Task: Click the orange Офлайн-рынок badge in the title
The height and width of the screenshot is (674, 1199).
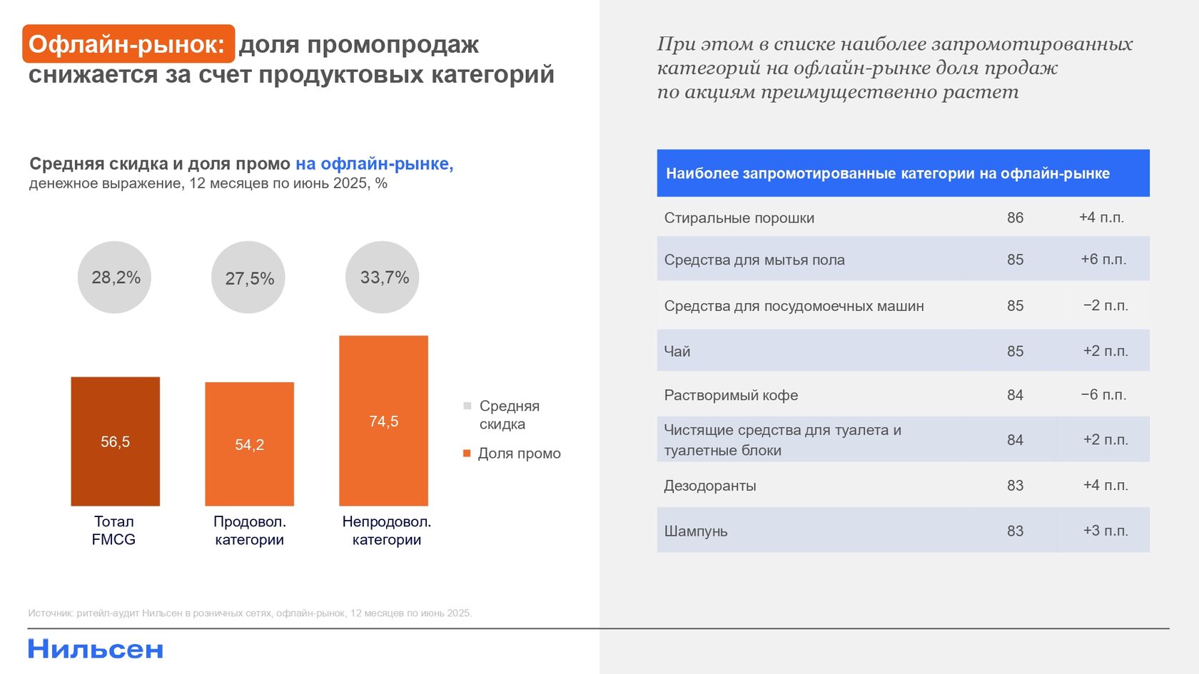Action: coord(128,44)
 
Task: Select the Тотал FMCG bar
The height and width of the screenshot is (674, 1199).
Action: coord(115,441)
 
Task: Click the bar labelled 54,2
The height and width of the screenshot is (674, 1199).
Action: coord(249,444)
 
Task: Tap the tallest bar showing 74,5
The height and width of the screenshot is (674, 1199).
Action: coord(383,421)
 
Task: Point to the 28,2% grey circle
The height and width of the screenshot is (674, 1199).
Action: coord(114,277)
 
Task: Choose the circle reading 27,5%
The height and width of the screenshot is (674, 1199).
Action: coord(248,277)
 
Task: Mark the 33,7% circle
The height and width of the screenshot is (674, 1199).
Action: coord(383,277)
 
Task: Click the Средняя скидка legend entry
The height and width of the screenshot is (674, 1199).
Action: coord(508,414)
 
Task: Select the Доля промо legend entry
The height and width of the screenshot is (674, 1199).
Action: coord(518,454)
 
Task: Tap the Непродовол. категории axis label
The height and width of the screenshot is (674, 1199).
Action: coord(386,531)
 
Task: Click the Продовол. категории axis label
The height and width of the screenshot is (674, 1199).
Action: coord(249,531)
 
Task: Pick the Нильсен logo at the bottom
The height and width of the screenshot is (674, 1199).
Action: coord(96,649)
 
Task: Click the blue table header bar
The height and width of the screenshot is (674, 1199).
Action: coord(903,173)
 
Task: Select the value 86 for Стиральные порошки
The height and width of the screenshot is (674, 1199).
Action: coord(1015,218)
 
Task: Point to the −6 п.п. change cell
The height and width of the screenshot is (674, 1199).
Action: coord(1103,394)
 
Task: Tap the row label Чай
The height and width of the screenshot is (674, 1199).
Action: coord(677,351)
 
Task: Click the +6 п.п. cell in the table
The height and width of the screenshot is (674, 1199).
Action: coord(1103,260)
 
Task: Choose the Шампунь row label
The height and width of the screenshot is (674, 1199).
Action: coord(696,531)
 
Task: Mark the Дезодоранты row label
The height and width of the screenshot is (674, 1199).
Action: coord(710,486)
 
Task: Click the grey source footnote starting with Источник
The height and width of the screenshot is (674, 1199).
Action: coord(250,613)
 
